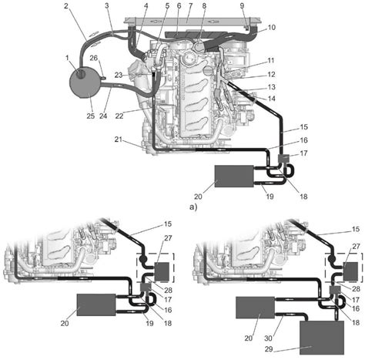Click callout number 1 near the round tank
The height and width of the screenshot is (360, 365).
point(67,58)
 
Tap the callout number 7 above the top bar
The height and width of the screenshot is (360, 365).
point(189,5)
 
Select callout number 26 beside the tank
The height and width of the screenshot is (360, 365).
point(94,58)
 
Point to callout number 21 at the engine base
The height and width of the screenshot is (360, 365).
point(119,140)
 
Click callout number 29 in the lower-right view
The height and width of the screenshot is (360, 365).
point(269,349)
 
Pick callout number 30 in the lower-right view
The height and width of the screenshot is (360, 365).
point(268,338)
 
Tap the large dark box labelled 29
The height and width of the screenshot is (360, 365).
point(322,338)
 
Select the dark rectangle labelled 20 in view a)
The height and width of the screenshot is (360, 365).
point(234,176)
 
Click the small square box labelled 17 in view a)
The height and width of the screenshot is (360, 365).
point(284,158)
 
